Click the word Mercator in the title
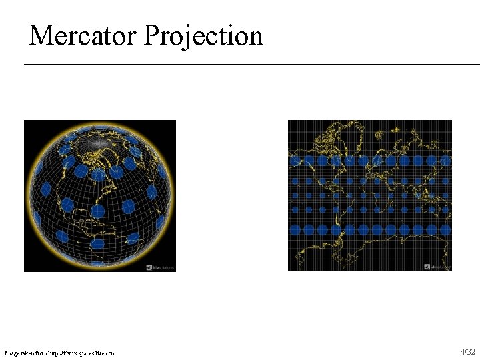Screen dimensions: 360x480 82,35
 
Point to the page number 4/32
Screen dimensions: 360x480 467,351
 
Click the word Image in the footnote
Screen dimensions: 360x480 13,353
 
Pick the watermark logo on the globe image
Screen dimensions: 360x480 161,267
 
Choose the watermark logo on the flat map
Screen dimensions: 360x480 437,267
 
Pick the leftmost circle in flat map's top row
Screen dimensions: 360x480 295,161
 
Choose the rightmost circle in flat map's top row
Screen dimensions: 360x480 446,161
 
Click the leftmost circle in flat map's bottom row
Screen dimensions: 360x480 295,230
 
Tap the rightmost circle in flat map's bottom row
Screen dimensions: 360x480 446,230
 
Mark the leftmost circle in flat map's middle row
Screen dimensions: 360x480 294,195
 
